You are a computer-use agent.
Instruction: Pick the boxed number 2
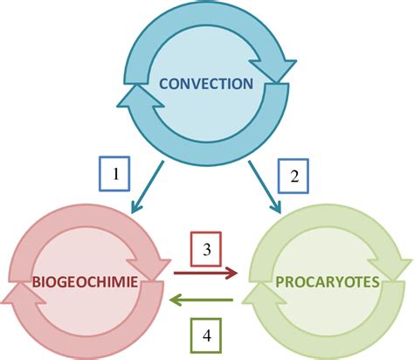(x=294, y=176)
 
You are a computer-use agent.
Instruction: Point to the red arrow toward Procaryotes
(x=205, y=273)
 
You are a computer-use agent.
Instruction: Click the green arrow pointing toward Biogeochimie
(x=204, y=300)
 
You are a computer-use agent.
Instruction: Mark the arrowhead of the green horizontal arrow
(x=177, y=300)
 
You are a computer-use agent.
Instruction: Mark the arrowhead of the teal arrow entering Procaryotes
(x=278, y=207)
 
